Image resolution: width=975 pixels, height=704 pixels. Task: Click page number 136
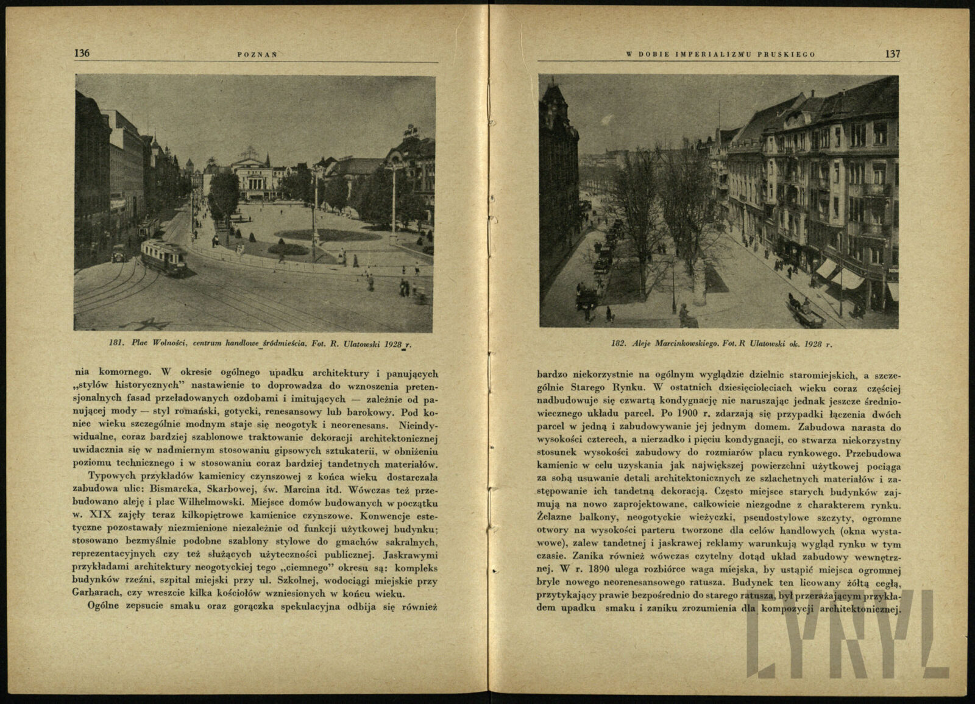pyautogui.click(x=82, y=53)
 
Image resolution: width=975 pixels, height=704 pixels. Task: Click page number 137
pyautogui.click(x=892, y=54)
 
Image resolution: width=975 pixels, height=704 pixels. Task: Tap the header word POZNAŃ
pyautogui.click(x=257, y=54)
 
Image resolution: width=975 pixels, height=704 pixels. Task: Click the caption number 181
pyautogui.click(x=117, y=344)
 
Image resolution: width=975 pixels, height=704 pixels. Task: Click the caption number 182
pyautogui.click(x=619, y=344)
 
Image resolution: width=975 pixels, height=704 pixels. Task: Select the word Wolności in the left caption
pyautogui.click(x=169, y=344)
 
